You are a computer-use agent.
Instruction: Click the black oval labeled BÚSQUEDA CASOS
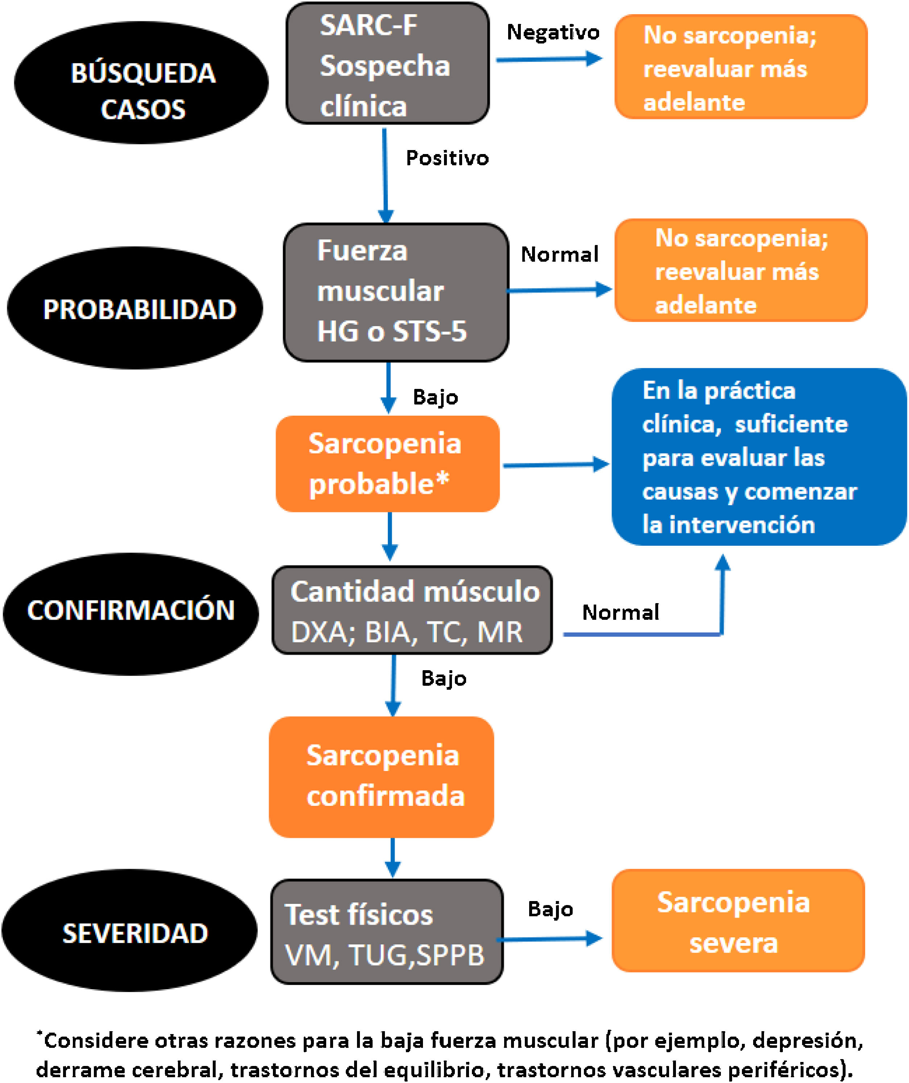click(x=141, y=83)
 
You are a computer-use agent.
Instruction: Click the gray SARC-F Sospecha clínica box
click(x=387, y=64)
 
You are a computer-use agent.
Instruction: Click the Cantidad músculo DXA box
click(x=412, y=610)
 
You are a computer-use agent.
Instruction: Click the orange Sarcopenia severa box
click(x=738, y=921)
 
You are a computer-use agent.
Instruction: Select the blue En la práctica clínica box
click(x=759, y=457)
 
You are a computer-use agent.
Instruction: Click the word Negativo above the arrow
click(x=553, y=33)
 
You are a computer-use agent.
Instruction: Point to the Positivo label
click(x=447, y=158)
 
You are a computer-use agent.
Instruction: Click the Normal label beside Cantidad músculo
click(x=620, y=612)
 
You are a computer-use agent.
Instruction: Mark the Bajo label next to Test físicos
click(x=550, y=909)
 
